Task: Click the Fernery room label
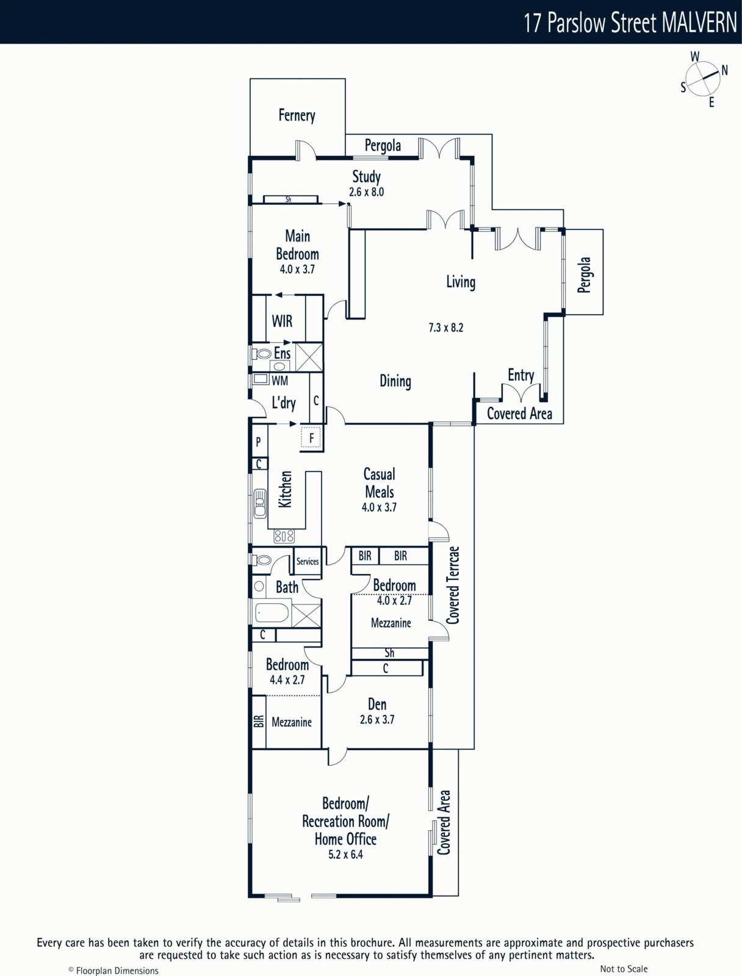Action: tap(297, 116)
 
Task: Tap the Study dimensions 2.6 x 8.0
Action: tap(366, 192)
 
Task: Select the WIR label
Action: tap(283, 321)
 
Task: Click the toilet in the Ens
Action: tap(261, 354)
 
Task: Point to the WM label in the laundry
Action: tap(279, 381)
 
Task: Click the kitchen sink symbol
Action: tap(259, 503)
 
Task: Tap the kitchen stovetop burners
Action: tap(284, 536)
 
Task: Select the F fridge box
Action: tap(311, 439)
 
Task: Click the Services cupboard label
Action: tap(308, 561)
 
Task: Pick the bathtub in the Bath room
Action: tap(272, 613)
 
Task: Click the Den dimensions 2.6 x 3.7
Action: tap(377, 719)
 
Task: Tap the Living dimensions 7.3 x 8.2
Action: tap(446, 328)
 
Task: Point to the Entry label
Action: tap(521, 375)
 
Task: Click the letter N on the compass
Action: tap(725, 70)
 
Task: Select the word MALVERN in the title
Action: tap(699, 23)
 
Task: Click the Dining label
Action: tap(395, 381)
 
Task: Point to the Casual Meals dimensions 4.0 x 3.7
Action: tap(379, 508)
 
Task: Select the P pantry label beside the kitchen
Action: tap(258, 442)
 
